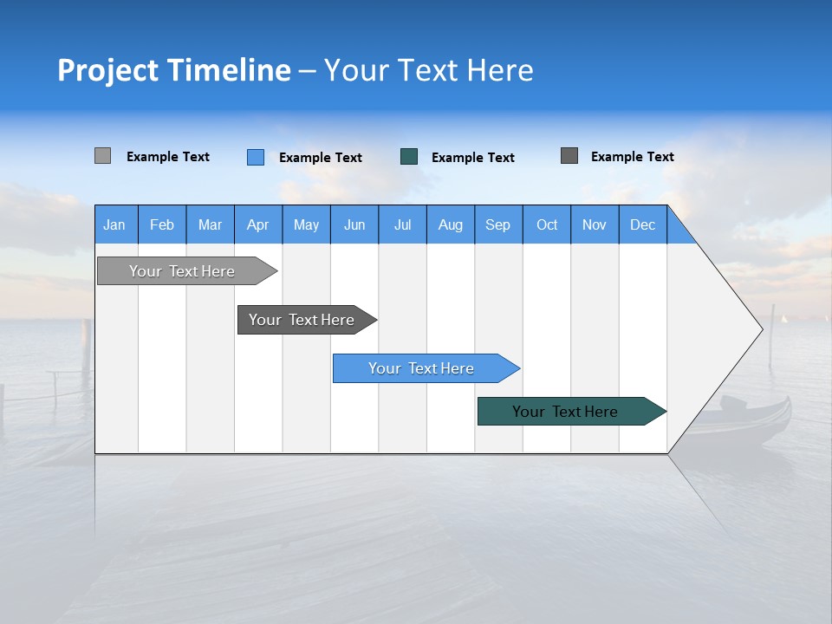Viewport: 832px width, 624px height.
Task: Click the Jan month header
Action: click(x=114, y=224)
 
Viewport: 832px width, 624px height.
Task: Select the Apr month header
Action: click(x=257, y=224)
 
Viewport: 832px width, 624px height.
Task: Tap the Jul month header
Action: click(x=402, y=224)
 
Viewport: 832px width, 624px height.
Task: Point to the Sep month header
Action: click(x=497, y=224)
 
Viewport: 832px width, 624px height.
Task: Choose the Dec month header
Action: click(x=642, y=224)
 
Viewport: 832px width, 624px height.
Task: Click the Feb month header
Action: click(x=162, y=224)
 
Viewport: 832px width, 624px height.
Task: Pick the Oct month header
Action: click(x=547, y=224)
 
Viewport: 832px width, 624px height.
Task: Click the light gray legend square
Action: click(x=102, y=156)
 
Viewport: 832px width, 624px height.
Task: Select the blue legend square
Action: click(x=255, y=157)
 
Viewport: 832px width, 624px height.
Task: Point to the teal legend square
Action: click(x=409, y=157)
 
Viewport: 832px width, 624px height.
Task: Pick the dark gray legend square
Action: click(x=569, y=156)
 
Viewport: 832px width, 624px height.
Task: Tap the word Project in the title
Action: click(x=107, y=70)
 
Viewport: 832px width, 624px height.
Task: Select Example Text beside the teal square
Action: click(x=472, y=158)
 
